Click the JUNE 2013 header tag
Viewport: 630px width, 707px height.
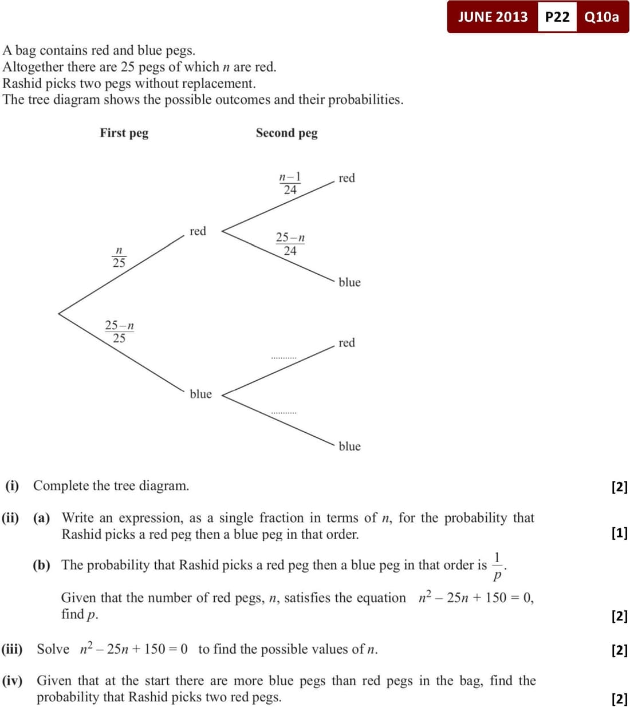coord(493,17)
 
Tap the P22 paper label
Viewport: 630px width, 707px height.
coord(557,17)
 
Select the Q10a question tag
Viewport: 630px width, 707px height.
coord(601,17)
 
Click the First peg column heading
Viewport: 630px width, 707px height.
coord(124,133)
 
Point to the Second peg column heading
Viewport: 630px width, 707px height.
coord(286,133)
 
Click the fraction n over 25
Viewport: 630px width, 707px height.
coord(119,257)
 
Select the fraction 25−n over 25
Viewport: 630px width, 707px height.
coord(119,331)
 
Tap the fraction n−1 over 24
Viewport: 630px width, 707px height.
coord(290,183)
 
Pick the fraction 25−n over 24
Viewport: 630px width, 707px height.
coord(290,244)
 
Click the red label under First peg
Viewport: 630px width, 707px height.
coord(198,231)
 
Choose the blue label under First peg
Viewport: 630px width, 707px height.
coord(200,394)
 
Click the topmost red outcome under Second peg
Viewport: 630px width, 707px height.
coord(346,178)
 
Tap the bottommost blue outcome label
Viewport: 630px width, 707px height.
coord(349,447)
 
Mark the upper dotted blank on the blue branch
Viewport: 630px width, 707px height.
coord(283,358)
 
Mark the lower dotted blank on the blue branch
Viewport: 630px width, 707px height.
coord(283,412)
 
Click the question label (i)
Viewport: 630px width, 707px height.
coord(12,486)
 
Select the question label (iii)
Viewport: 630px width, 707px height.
coord(12,649)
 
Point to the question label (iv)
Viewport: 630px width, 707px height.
coord(12,681)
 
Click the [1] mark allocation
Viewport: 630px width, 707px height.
coord(619,533)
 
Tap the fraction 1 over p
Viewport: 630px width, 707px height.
coord(497,565)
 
